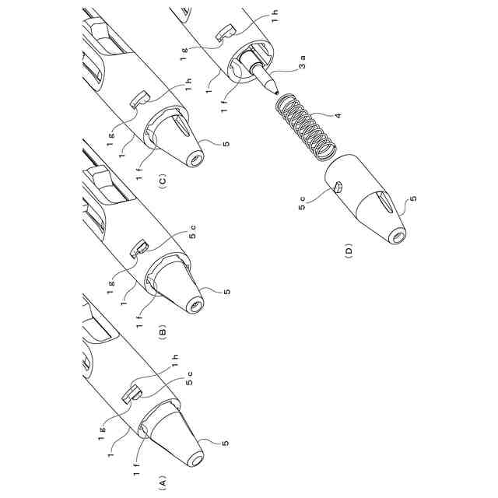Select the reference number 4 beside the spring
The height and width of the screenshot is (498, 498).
coord(337,117)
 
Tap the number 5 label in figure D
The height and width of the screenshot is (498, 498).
coord(413,198)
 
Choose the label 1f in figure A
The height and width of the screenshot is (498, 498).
coord(137,468)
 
